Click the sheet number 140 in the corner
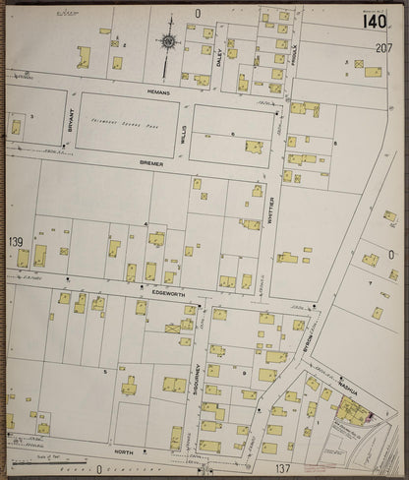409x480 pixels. (375, 22)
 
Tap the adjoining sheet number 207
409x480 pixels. (383, 47)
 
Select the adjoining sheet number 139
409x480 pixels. (16, 242)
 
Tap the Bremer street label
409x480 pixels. (151, 163)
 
